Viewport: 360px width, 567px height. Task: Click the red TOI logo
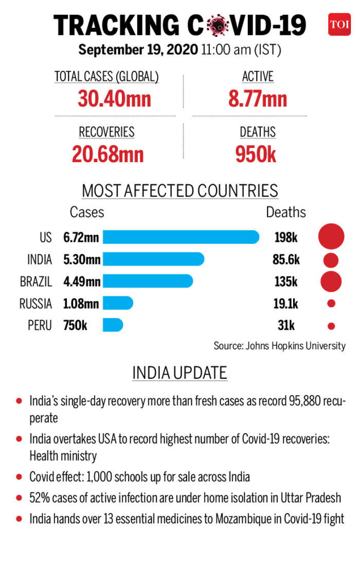(x=339, y=24)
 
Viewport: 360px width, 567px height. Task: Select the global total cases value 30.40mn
(x=115, y=98)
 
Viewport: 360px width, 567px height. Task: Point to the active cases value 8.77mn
(x=258, y=98)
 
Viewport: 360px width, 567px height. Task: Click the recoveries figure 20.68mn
(x=107, y=154)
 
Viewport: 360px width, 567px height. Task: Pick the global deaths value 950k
(x=256, y=154)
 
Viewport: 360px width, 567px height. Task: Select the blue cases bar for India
(x=153, y=259)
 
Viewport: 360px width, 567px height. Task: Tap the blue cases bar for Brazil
(x=148, y=281)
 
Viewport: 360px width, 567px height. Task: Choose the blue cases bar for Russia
(x=118, y=304)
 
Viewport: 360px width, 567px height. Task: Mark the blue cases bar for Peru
(x=113, y=325)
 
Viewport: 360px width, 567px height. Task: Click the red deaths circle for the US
(x=331, y=237)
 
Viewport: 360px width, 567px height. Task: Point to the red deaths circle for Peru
(x=331, y=326)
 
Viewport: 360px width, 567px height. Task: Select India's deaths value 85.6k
(x=286, y=259)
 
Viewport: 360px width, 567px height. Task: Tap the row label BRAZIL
(x=36, y=281)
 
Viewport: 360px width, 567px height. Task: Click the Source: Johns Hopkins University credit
(x=279, y=346)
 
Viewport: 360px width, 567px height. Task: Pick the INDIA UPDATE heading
(x=179, y=373)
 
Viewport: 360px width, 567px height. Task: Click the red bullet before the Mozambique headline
(x=19, y=518)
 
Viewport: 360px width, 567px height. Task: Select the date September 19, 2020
(x=138, y=50)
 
